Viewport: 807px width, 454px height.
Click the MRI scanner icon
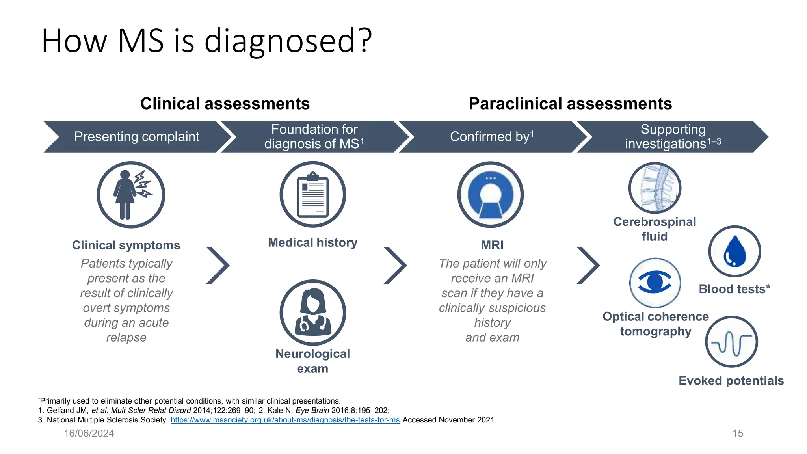490,195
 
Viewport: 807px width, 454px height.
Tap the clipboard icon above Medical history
313,195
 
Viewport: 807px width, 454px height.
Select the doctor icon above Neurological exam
313,313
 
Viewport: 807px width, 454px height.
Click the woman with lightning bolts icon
131,195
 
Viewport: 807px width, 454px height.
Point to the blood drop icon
734,251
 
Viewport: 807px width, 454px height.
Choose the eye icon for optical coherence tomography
655,283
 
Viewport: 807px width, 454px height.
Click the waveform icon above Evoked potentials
731,342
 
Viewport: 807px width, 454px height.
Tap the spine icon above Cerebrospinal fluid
655,188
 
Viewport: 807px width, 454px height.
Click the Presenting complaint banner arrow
137,137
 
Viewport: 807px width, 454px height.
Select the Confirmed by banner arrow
491,137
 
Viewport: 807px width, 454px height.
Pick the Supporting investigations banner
673,137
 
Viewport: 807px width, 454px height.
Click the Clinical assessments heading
225,104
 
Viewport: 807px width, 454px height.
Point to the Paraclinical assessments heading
570,104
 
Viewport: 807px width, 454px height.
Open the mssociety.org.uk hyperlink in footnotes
285,420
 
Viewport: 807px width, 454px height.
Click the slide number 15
738,434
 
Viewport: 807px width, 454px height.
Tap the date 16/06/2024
89,434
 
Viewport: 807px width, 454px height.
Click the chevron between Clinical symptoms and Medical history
218,265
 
